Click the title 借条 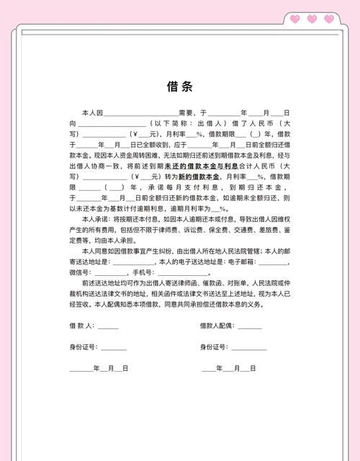[x=179, y=86]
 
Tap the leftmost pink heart [x=294, y=19]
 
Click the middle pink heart [x=312, y=19]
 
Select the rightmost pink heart [x=329, y=19]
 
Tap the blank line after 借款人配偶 [x=250, y=327]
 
